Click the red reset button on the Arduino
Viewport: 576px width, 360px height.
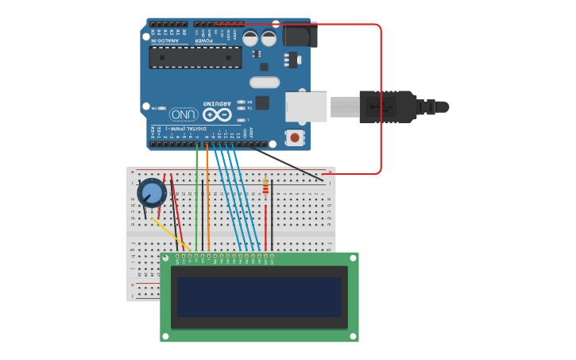coord(295,138)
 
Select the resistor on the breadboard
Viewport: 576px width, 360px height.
coord(265,187)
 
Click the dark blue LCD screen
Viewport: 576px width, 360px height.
coord(259,296)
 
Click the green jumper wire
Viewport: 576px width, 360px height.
coord(197,199)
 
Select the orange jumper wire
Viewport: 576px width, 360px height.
coord(207,199)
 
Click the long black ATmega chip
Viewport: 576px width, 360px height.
coord(195,57)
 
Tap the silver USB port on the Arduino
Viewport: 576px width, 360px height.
coord(307,107)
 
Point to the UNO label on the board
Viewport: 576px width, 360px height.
coord(184,114)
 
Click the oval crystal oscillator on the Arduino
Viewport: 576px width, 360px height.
coord(265,82)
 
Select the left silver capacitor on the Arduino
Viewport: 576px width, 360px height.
coord(250,38)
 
